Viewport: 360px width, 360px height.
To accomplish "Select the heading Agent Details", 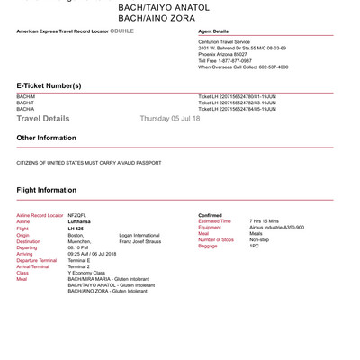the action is [217, 31].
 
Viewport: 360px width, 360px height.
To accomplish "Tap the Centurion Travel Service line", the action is [231, 40].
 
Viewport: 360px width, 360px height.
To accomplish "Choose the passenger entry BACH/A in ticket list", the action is [26, 109].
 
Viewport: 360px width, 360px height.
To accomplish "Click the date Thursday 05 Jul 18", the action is [170, 119].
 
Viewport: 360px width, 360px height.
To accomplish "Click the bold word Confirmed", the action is [211, 216].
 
